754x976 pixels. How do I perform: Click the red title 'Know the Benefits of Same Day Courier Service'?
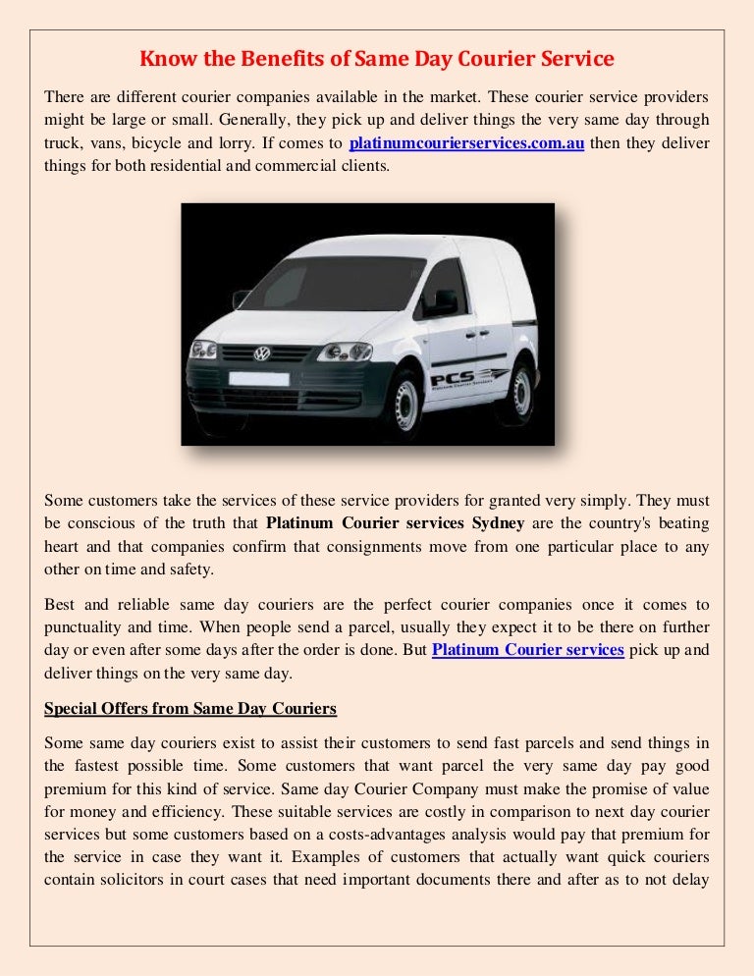377,60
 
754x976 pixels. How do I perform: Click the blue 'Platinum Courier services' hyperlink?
528,650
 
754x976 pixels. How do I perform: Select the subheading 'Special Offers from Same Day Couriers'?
191,709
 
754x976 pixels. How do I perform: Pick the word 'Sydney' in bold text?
490,521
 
